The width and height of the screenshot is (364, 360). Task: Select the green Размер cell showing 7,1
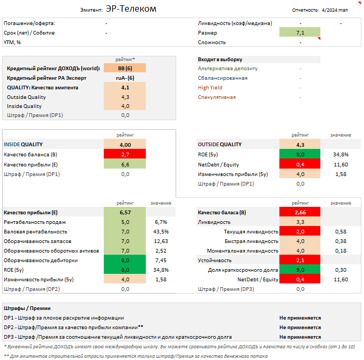[x=300, y=33]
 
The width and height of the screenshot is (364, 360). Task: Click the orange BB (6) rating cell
[x=125, y=69]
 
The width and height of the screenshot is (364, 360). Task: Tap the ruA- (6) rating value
[x=125, y=78]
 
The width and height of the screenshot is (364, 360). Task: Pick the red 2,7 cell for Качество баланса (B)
[x=125, y=155]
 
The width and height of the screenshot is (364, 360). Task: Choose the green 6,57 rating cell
[x=125, y=212]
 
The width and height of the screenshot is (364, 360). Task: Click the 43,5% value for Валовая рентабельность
[x=161, y=232]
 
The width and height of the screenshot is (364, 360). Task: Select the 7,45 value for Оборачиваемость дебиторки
[x=161, y=261]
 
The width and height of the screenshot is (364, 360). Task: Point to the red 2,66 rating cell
[x=300, y=212]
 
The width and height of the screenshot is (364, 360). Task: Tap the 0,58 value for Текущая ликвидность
[x=341, y=232]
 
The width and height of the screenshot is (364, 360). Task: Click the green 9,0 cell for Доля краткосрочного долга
[x=300, y=270]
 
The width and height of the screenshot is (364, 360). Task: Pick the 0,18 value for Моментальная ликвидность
[x=341, y=251]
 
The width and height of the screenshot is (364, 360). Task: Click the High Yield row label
[x=210, y=88]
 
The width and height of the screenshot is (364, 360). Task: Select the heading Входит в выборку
[x=220, y=60]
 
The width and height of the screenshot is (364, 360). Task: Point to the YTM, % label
[x=16, y=43]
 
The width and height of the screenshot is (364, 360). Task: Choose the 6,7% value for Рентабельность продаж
[x=161, y=222]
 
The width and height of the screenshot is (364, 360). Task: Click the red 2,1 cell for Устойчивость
[x=300, y=261]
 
